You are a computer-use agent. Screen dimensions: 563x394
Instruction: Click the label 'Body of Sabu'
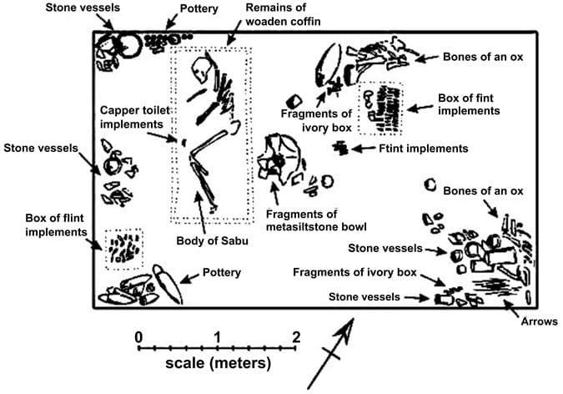(x=212, y=240)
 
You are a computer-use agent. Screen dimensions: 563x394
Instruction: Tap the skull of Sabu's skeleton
(x=199, y=69)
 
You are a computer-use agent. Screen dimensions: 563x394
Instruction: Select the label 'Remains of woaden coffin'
(x=283, y=14)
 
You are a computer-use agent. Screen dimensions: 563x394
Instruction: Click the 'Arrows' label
(x=540, y=321)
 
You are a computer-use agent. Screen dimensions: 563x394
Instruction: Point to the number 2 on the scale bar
(x=296, y=337)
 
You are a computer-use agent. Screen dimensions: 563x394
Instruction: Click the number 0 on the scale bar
(x=138, y=337)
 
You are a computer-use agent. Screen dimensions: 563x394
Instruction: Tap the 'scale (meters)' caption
(x=218, y=363)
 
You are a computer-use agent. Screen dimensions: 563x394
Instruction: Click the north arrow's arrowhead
(x=344, y=329)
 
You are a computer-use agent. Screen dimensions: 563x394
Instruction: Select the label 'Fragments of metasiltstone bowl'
(x=316, y=220)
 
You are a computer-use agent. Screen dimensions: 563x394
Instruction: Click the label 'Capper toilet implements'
(x=134, y=117)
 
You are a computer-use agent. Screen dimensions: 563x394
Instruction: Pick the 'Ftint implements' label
(x=424, y=149)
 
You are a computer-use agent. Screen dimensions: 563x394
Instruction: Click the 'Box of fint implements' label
(x=469, y=104)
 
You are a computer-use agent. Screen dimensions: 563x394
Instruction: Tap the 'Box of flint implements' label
(x=56, y=225)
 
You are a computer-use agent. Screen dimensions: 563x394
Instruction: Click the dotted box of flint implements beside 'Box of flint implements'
(x=124, y=249)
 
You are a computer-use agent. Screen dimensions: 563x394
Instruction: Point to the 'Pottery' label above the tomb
(x=199, y=8)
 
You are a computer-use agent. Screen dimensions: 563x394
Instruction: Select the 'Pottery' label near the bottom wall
(x=222, y=272)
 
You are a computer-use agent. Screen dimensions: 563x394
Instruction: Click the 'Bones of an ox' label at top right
(x=483, y=57)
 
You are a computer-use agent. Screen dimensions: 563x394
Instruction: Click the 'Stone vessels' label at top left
(x=83, y=8)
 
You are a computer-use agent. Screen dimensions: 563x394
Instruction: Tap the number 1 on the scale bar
(x=217, y=337)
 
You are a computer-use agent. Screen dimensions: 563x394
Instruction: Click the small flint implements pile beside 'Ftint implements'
(x=340, y=148)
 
